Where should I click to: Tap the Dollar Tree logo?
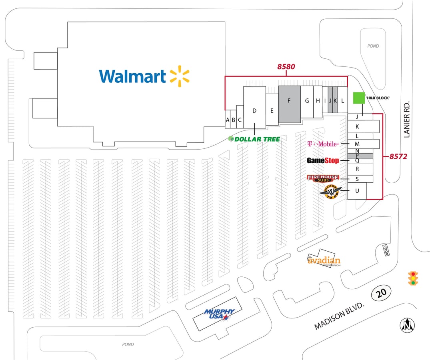(x=254, y=139)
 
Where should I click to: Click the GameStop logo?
(x=323, y=161)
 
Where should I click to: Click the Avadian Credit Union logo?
(x=324, y=261)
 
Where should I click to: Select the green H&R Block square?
(x=359, y=98)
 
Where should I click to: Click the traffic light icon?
(x=413, y=278)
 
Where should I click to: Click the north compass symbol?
(x=408, y=325)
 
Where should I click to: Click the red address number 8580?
(x=286, y=67)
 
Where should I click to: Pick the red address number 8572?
(x=398, y=157)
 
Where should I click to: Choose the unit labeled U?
(x=357, y=191)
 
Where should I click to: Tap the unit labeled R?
(x=357, y=169)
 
